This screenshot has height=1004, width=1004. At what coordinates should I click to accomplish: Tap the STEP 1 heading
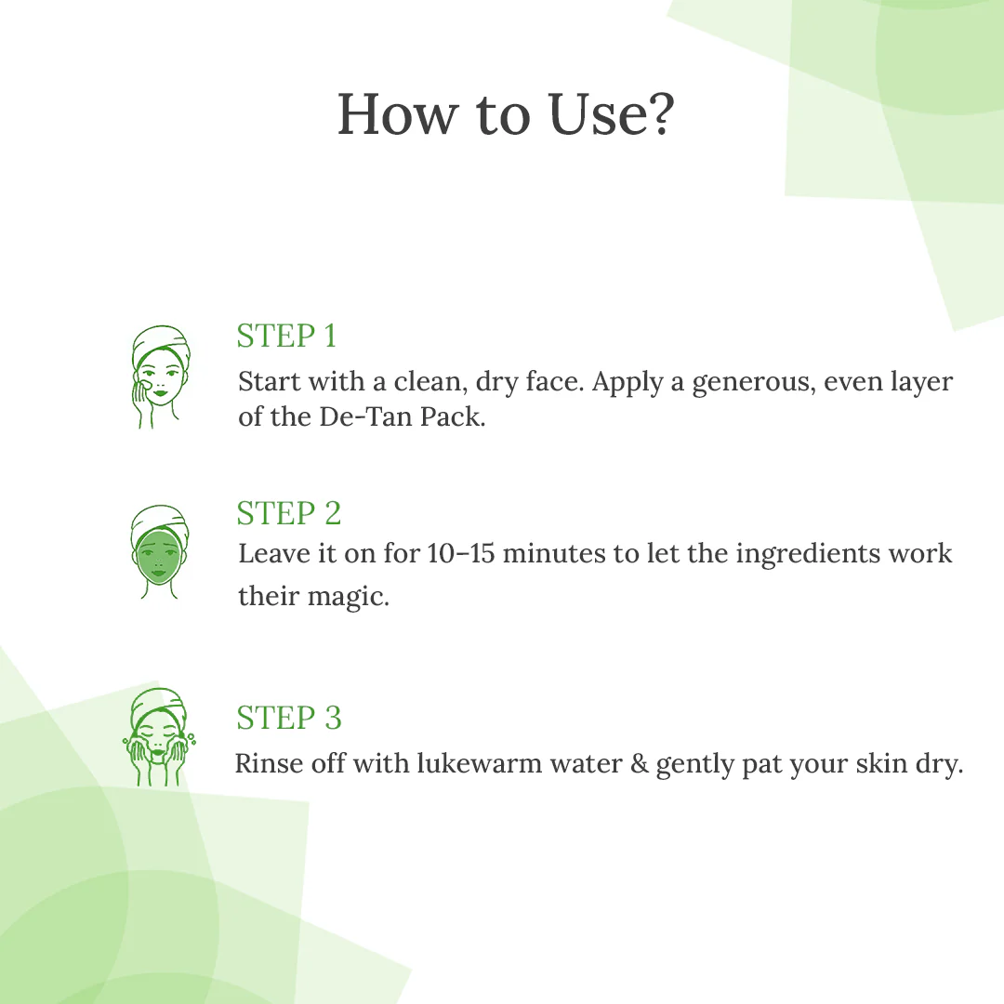click(286, 336)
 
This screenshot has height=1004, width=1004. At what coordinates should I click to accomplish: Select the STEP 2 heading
click(289, 513)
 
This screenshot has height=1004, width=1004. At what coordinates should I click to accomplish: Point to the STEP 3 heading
click(289, 718)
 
